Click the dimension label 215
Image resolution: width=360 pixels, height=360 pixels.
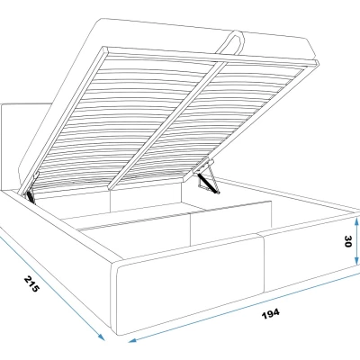tap(31, 284)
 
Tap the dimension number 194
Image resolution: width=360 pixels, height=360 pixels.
tap(271, 314)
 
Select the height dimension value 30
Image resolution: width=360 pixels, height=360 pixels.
tap(347, 241)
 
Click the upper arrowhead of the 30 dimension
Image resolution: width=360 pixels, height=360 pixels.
tap(356, 221)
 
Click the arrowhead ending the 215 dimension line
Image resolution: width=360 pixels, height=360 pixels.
tap(101, 337)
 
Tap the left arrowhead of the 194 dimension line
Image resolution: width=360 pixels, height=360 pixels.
tap(132, 340)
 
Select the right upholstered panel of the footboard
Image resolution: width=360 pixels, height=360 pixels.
tap(310, 252)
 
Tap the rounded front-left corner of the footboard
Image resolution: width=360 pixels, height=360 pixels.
tap(118, 268)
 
